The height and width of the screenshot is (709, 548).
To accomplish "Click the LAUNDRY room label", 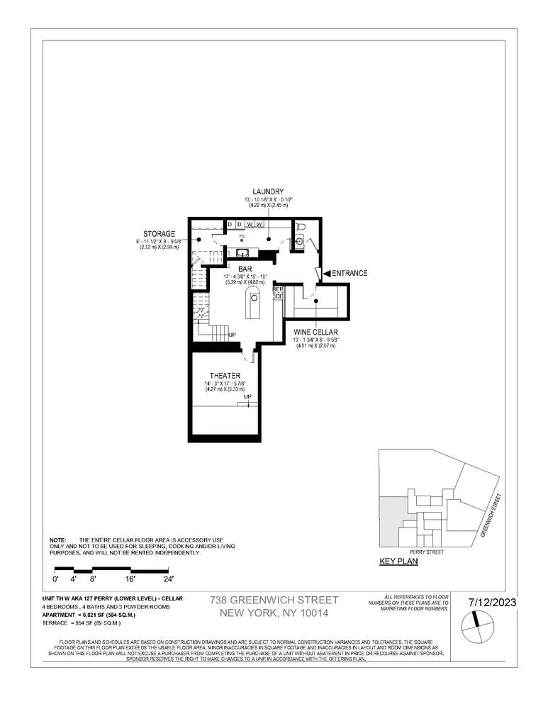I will [x=269, y=191].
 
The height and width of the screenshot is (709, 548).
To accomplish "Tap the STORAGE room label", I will [x=160, y=233].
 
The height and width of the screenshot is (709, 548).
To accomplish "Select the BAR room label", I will [x=245, y=269].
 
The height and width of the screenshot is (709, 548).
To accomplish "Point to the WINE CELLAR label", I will [x=315, y=330].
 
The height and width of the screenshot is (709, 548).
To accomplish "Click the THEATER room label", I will [x=225, y=375].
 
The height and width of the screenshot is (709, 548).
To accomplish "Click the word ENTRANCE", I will [x=350, y=273].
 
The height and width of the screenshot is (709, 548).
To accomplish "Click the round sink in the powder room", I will [x=299, y=241].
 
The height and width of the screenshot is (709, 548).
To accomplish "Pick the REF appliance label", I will [x=278, y=289].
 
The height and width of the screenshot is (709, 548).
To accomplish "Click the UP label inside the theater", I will [x=247, y=397].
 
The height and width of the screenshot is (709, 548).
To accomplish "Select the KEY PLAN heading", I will [x=399, y=561].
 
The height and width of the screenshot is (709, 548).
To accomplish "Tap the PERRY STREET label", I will [x=426, y=551].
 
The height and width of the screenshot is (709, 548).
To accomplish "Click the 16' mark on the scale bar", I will [x=130, y=579].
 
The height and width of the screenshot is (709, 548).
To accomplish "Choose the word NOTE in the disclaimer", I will [x=57, y=540].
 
